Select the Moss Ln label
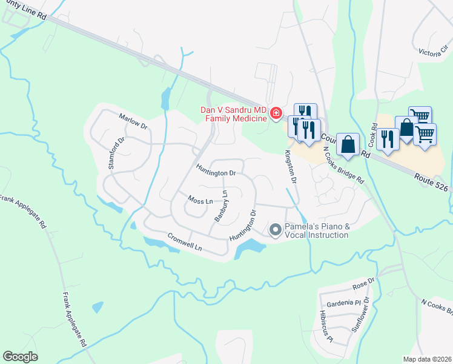[x=200, y=200]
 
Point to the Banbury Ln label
[x=220, y=206]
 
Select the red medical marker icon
[x=276, y=113]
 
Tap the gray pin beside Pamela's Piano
[x=276, y=229]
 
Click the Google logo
[x=20, y=357]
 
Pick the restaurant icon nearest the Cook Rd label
[x=387, y=139]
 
